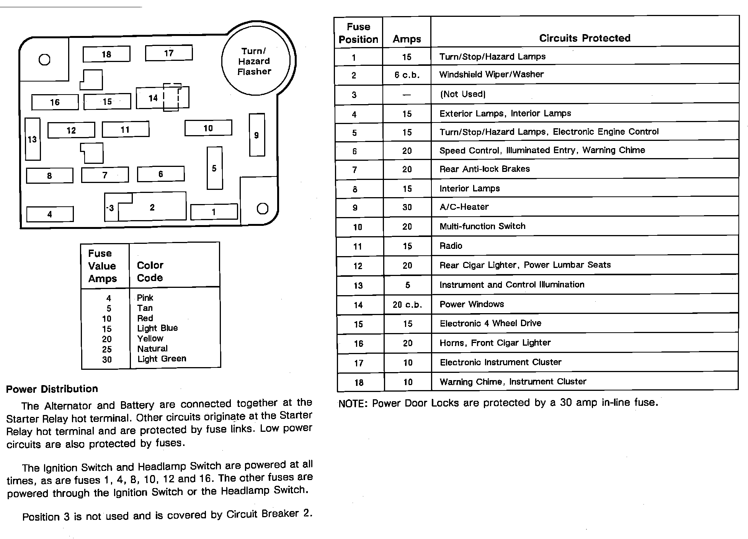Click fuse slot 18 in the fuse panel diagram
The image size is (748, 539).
(106, 54)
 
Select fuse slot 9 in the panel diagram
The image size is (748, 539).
(257, 135)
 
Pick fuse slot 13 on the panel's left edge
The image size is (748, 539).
(33, 139)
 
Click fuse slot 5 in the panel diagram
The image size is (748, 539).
(214, 168)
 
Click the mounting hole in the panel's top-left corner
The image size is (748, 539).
(44, 60)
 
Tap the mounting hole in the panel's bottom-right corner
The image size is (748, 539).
(262, 209)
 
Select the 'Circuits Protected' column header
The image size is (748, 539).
(585, 38)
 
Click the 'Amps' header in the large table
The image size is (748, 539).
(407, 39)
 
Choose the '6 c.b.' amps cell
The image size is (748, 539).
(407, 75)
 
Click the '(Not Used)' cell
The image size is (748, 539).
(463, 94)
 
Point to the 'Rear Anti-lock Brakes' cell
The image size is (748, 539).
(485, 169)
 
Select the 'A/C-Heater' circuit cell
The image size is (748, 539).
(464, 207)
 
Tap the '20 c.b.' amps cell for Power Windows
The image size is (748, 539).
(407, 305)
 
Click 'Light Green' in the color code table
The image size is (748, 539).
(162, 359)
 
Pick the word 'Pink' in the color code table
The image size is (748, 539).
(145, 298)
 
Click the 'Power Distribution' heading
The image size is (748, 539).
(52, 389)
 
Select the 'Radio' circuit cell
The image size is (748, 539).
(451, 246)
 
